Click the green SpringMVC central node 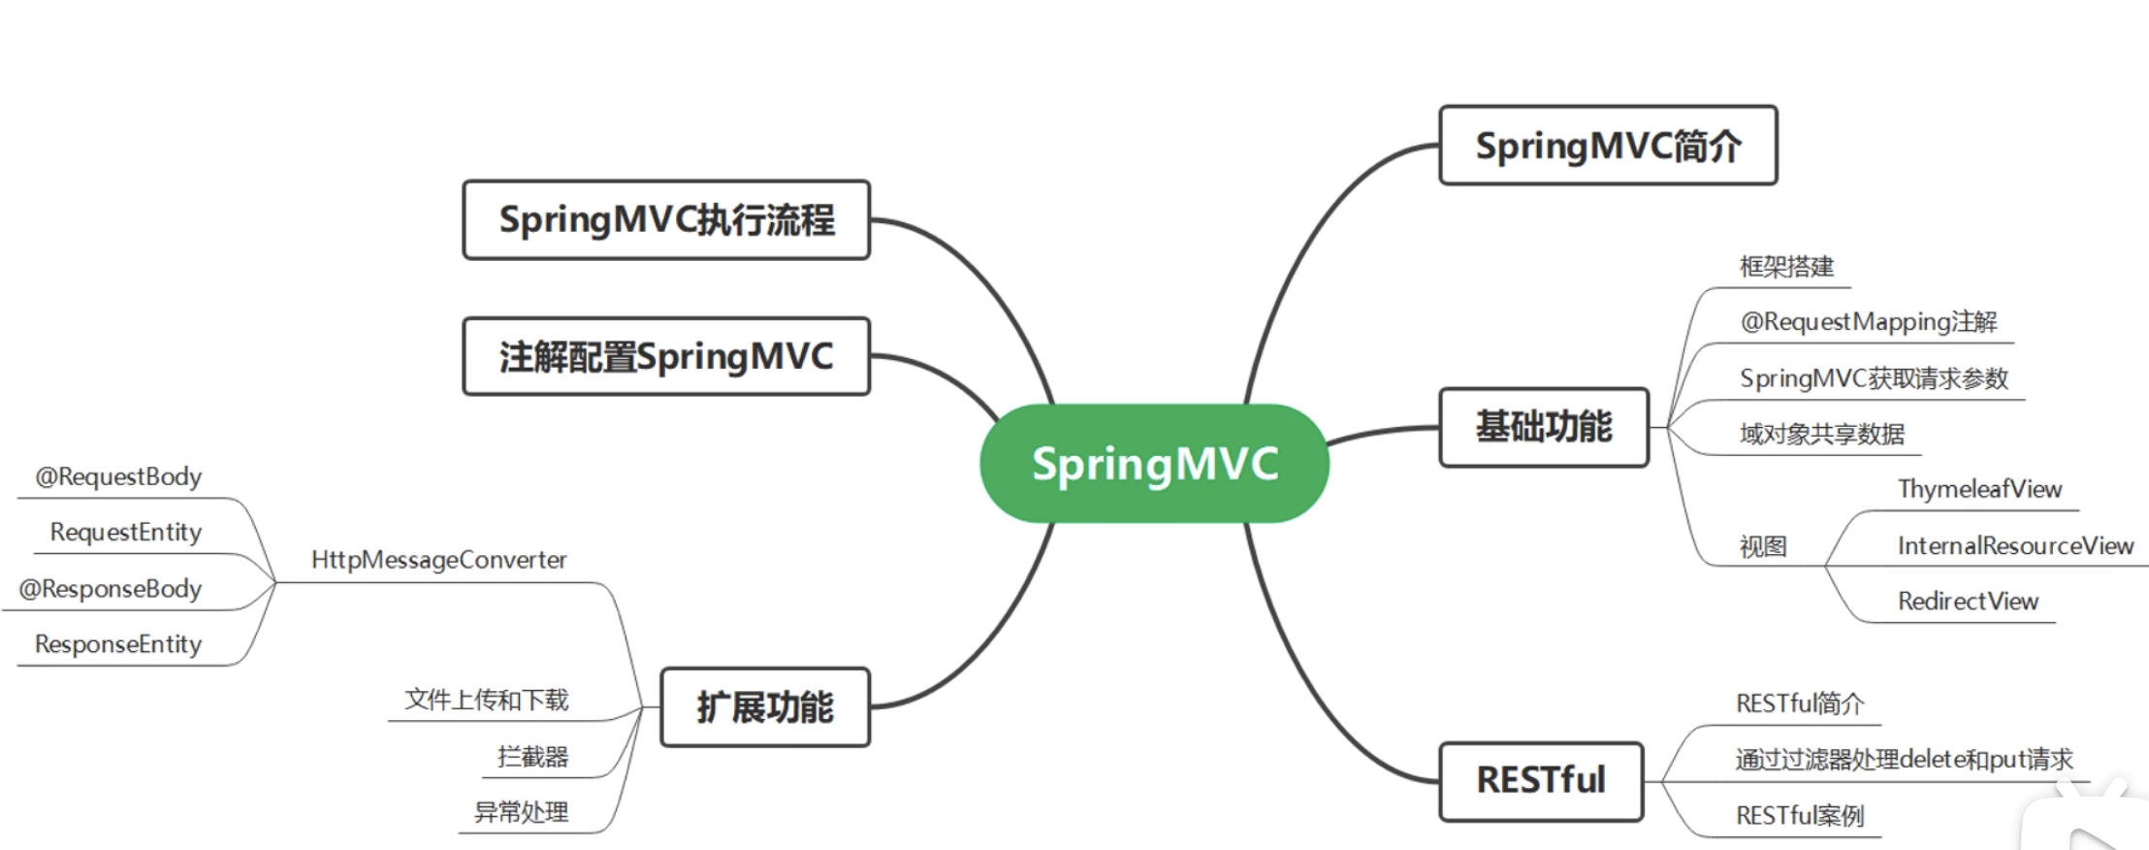coord(1154,464)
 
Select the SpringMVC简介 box coord(1608,146)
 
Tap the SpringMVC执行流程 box coord(666,219)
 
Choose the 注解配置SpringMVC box coord(666,356)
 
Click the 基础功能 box coord(1544,427)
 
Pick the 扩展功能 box coord(765,706)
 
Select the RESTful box coord(1541,780)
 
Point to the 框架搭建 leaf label coord(1786,267)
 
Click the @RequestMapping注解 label coord(1868,321)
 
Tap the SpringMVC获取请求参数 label coord(1874,377)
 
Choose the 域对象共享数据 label coord(1821,434)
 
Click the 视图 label coord(1762,546)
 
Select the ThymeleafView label coord(1979,489)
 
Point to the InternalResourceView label coord(2015,545)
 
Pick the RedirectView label coord(1968,602)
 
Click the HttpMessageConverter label coord(438,560)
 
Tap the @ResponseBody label coord(110,589)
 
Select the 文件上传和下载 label coord(486,700)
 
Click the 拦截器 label coord(532,756)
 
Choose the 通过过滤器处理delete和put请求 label coord(1904,759)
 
